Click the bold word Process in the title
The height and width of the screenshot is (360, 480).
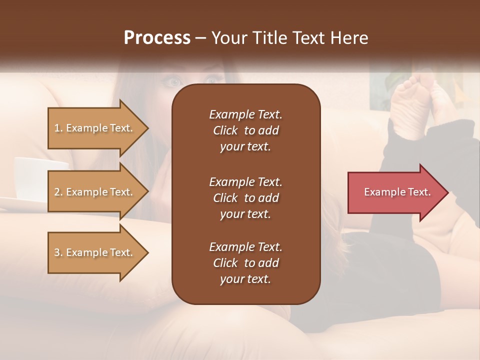[157, 38]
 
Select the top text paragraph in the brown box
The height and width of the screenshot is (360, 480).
[245, 130]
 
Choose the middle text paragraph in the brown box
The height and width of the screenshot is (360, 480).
[245, 198]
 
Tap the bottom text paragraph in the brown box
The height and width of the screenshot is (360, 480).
[245, 263]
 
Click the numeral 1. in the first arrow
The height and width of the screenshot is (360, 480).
[58, 128]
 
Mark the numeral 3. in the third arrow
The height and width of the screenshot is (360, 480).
[58, 252]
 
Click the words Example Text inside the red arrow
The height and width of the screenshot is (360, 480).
[397, 192]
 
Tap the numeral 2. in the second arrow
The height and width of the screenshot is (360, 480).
[58, 192]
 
